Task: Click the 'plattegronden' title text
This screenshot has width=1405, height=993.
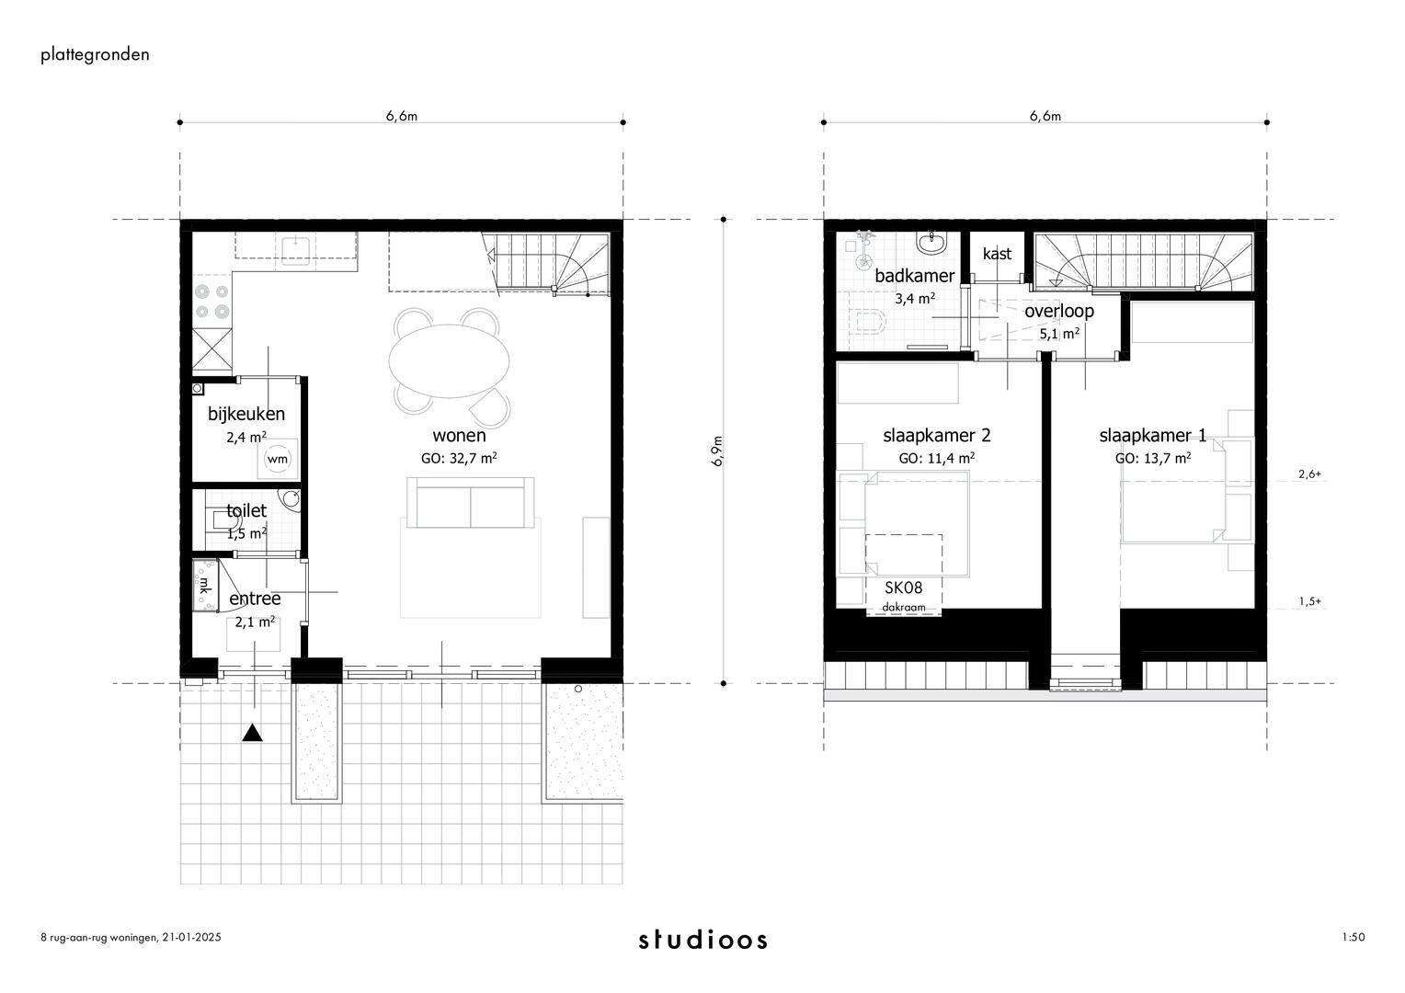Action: [x=95, y=54]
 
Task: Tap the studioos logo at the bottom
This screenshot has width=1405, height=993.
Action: [x=702, y=940]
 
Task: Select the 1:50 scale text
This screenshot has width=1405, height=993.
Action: [x=1354, y=938]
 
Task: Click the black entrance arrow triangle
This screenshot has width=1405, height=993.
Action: [x=253, y=733]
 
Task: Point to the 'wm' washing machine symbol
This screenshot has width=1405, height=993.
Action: [x=277, y=458]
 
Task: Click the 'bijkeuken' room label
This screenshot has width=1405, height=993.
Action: [x=246, y=414]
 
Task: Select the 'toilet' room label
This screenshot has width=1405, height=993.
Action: [x=246, y=510]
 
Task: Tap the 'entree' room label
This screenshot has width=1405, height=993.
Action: [x=255, y=599]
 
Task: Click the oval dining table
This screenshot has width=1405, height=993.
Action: [x=451, y=359]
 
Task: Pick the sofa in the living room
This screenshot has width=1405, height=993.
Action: [x=471, y=502]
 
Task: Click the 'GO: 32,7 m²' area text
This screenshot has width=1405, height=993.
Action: [x=459, y=457]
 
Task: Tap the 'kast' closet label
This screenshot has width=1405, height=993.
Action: [x=997, y=254]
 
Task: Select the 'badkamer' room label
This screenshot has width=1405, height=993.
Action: [x=914, y=276]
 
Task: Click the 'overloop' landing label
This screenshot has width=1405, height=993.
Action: [x=1059, y=311]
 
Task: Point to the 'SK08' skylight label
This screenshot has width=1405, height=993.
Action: [x=903, y=588]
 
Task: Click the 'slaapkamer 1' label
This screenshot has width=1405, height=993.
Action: [x=1152, y=436]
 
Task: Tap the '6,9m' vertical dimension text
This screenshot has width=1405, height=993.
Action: [x=717, y=451]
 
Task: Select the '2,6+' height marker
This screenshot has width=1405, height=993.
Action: [x=1309, y=474]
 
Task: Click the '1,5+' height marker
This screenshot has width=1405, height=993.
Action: [x=1309, y=601]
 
